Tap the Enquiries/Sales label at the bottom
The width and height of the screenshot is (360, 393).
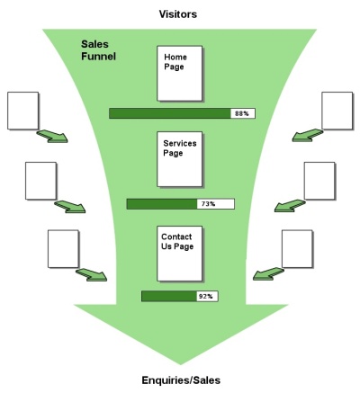pos(180,380)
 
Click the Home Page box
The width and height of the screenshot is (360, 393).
pos(176,72)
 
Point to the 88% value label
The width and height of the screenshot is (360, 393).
pos(241,113)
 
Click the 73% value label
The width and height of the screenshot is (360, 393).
pos(209,204)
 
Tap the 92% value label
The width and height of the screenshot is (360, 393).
pos(205,296)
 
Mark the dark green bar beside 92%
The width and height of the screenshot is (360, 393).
pos(167,296)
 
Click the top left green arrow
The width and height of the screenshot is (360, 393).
pos(53,136)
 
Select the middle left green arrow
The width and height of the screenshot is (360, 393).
pos(70,206)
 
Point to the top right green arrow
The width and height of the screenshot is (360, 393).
pos(308,134)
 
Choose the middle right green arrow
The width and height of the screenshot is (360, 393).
pos(289,206)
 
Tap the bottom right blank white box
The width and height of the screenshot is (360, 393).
pos(297,248)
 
